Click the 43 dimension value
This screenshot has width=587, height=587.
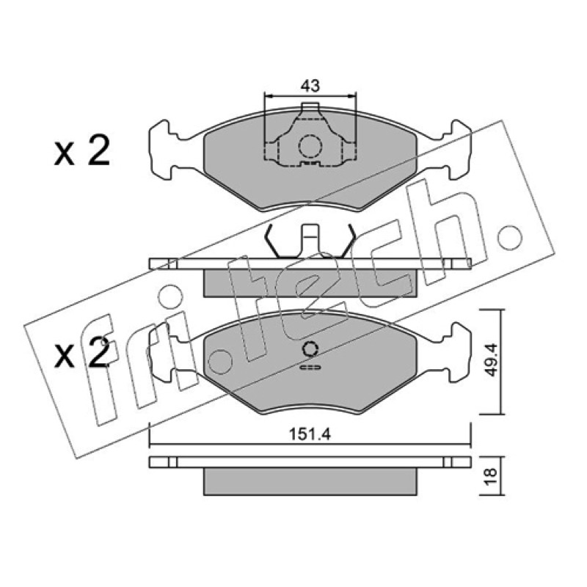pos(310,86)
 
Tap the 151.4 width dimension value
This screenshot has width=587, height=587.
pos(310,434)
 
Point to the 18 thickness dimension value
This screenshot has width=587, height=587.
pos(491,476)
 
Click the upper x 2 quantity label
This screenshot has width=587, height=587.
pos(81,151)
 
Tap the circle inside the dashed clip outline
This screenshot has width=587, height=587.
pos(310,146)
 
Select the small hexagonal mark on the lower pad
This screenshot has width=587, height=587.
pos(310,349)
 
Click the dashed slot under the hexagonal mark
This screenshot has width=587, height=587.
pos(310,368)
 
